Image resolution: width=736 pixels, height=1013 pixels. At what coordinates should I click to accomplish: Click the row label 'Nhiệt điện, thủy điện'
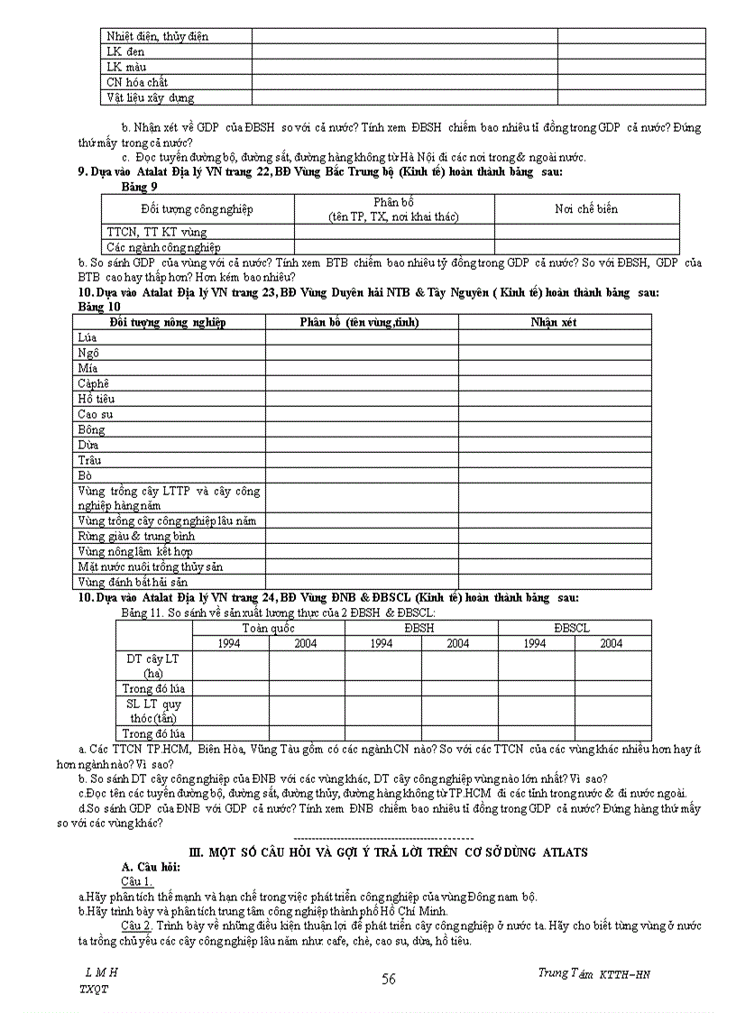157,36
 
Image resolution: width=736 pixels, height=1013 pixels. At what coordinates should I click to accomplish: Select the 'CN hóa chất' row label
137,82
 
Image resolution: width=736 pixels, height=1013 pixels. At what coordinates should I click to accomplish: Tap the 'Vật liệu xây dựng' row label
150,97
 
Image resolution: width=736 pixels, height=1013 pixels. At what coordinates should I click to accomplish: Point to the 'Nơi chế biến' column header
585,209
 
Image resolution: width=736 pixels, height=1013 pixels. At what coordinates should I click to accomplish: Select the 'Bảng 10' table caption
99,307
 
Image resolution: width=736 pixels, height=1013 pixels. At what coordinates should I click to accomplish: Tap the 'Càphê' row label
93,383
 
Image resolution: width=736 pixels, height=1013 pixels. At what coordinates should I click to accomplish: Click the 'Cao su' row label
95,414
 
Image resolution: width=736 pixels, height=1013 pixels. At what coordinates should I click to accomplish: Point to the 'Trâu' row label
89,460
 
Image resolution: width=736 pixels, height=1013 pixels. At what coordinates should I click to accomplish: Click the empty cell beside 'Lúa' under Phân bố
361,337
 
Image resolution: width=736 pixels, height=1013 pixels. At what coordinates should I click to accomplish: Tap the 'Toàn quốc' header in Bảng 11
268,628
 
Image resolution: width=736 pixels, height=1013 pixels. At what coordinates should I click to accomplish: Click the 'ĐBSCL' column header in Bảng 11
574,628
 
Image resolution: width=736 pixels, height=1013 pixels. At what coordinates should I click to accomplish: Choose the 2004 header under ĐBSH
458,643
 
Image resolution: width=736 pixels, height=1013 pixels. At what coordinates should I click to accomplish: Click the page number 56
389,979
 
